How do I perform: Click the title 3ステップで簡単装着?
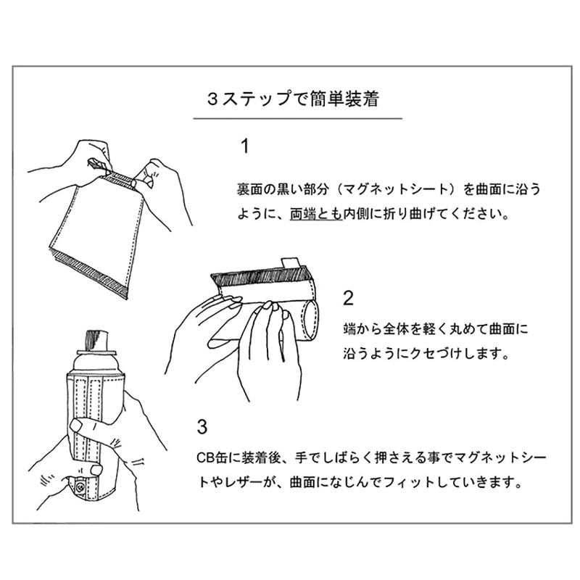(x=293, y=99)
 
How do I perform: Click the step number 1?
(x=245, y=146)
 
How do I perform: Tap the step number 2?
(x=348, y=298)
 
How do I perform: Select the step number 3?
(x=202, y=427)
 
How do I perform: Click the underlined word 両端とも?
(x=316, y=214)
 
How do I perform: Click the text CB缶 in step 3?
(x=211, y=458)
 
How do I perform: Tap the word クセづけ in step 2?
(x=436, y=354)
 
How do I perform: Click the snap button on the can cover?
(x=79, y=488)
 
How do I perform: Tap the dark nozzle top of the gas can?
(x=96, y=340)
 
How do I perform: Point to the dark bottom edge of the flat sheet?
(x=91, y=275)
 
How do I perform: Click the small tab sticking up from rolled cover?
(x=291, y=262)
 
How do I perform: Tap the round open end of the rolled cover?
(x=311, y=320)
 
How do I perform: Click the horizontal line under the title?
(x=298, y=119)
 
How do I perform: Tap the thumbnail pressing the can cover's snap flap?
(x=96, y=470)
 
